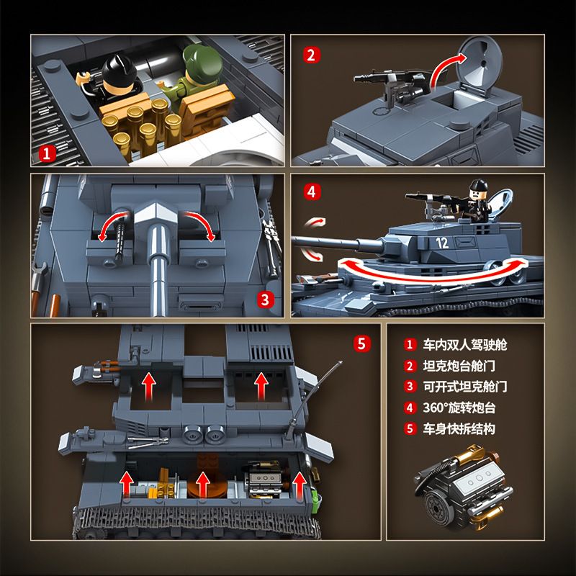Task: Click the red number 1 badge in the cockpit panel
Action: click(47, 153)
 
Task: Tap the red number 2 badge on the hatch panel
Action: click(311, 55)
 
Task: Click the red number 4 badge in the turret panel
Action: click(311, 192)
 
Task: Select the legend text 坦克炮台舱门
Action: click(460, 366)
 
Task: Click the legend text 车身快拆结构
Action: click(460, 429)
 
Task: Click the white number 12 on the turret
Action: click(441, 243)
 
